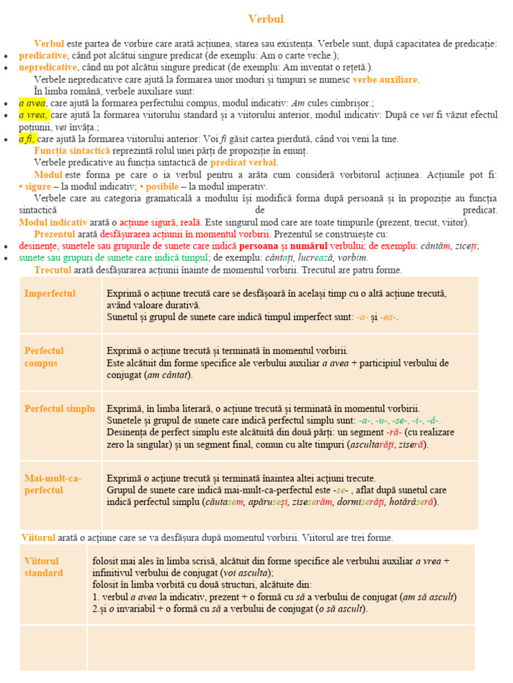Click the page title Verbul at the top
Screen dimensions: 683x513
pos(266,19)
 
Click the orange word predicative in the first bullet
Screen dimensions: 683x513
pos(43,55)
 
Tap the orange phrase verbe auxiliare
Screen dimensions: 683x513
pos(385,79)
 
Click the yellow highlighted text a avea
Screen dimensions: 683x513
pos(31,103)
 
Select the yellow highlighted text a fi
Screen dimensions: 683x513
pos(27,139)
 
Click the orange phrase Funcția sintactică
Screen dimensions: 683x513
pos(72,151)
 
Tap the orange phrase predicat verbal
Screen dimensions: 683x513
pos(244,163)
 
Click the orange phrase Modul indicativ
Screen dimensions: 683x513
pos(53,222)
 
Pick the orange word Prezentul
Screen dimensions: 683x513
pos(55,234)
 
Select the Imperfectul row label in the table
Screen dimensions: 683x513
pos(50,293)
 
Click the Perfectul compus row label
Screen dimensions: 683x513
pos(44,357)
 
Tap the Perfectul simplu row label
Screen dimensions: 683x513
pos(59,408)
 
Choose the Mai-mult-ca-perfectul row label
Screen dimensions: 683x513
pos(53,484)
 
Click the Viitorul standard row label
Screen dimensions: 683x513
pos(43,567)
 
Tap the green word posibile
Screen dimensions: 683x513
pos(162,186)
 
